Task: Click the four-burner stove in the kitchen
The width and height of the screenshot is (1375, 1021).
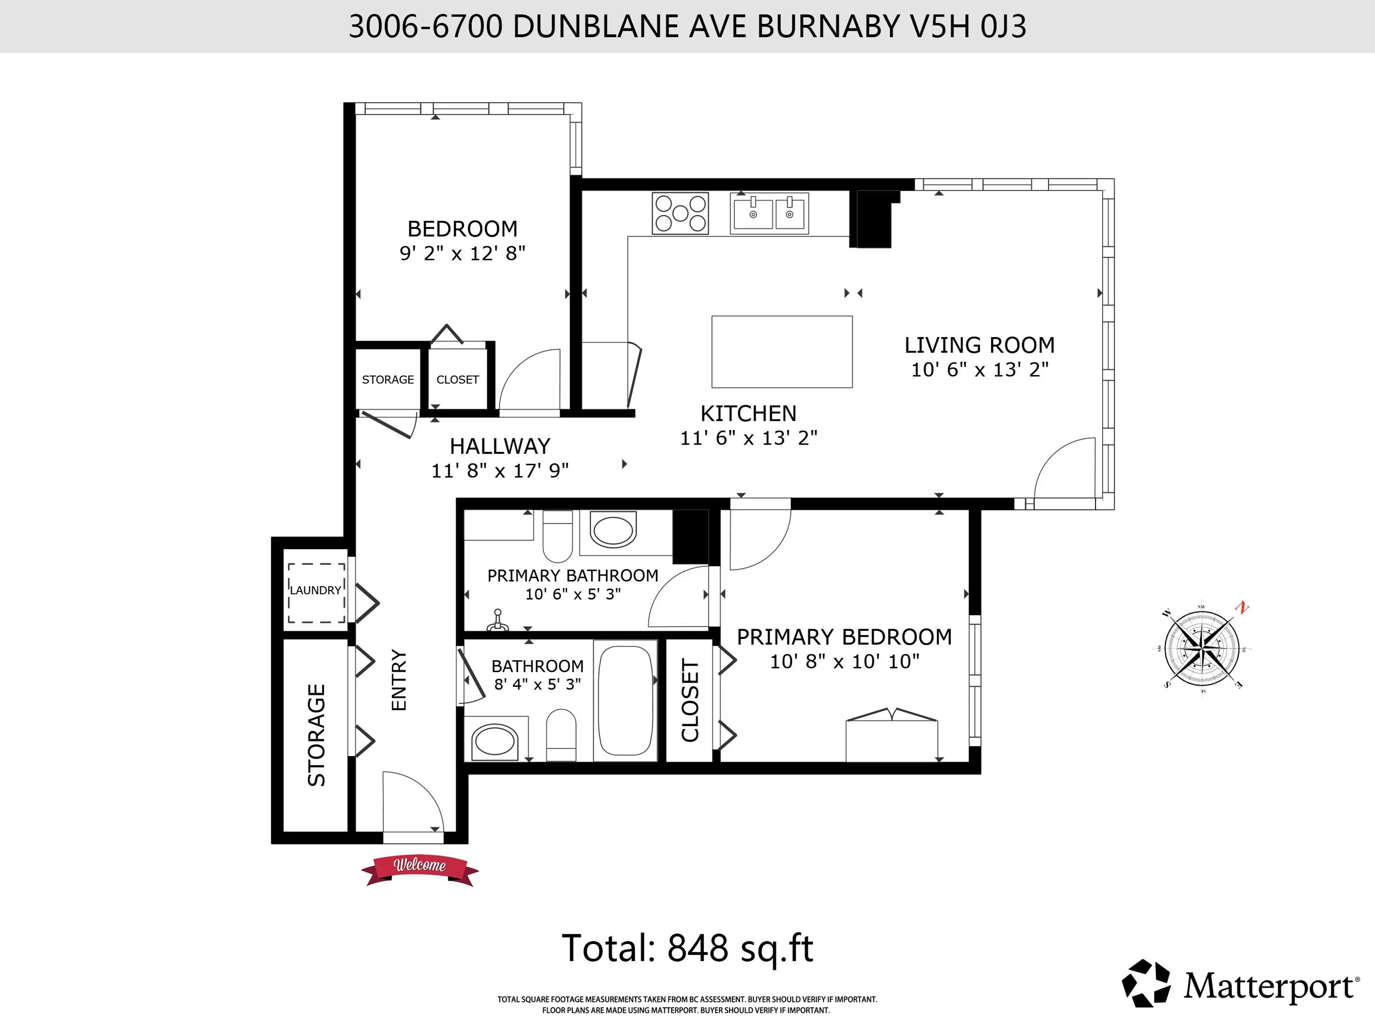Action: point(680,213)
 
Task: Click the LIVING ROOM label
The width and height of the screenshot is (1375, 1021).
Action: point(979,345)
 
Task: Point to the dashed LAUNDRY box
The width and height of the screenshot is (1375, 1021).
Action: point(316,592)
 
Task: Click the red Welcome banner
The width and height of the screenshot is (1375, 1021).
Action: point(420,866)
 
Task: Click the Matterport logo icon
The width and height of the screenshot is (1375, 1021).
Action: point(1145,983)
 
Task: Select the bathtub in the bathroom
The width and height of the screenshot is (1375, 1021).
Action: point(625,700)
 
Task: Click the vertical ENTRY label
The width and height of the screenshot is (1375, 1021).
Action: point(399,680)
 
